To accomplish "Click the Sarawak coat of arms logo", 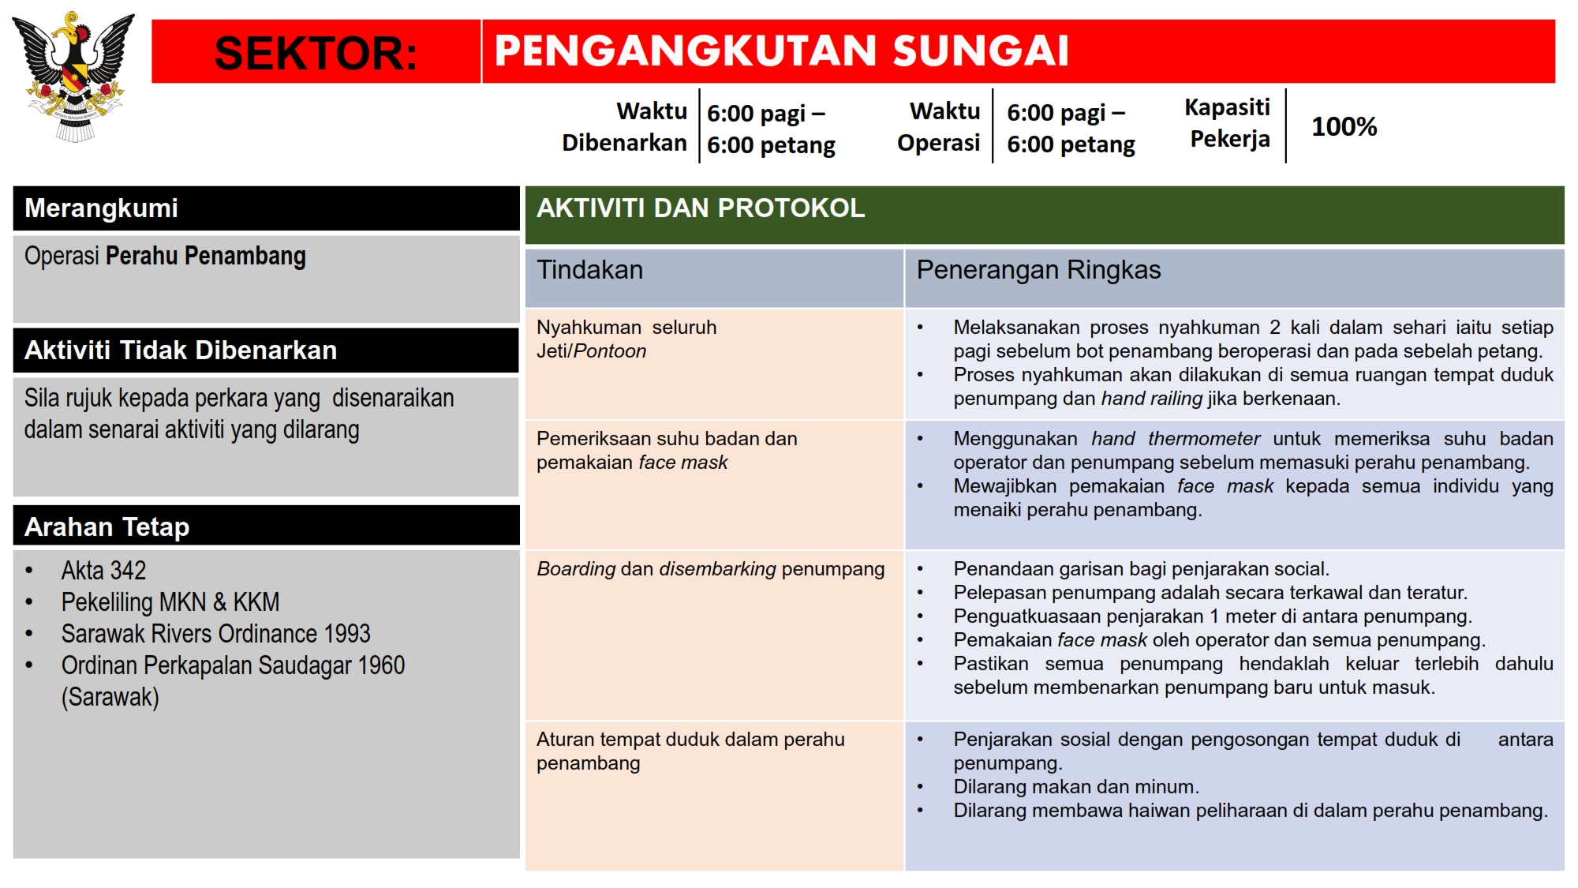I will [x=73, y=77].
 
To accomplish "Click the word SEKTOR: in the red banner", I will [x=316, y=53].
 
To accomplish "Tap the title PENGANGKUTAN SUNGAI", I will [x=781, y=51].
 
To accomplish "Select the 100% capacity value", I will [x=1344, y=126].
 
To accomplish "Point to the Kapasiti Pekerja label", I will [x=1228, y=123].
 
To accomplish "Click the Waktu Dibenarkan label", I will [x=625, y=126].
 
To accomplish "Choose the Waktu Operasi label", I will [x=939, y=126].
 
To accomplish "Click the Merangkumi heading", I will [x=102, y=208].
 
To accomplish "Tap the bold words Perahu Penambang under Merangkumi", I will [x=206, y=256].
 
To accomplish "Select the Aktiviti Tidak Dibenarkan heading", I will [x=181, y=350].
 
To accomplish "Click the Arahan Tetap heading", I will [x=107, y=526].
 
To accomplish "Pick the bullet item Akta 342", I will [x=103, y=570].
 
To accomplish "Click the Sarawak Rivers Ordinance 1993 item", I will [x=215, y=633].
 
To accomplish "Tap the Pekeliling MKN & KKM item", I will [x=170, y=601].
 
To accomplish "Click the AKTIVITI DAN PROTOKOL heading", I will [x=701, y=208].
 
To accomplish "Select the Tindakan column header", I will [x=590, y=270].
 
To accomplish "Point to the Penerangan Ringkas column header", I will [x=1038, y=270].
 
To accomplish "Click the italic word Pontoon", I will [x=610, y=351].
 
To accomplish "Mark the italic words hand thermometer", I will [x=1176, y=438].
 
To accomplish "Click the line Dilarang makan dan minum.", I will [x=1076, y=787].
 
